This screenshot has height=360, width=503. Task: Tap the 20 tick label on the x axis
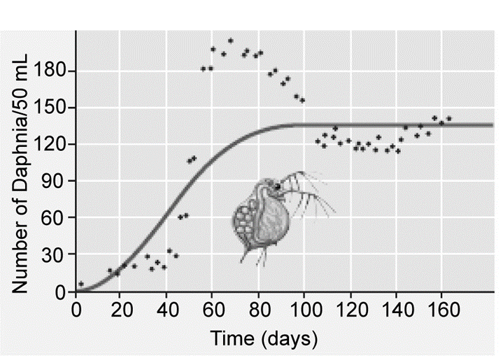coord(122,309)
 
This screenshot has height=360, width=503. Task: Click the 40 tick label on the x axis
coord(167,309)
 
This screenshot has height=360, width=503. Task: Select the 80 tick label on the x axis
coord(259,309)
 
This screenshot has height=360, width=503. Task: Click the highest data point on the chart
coord(230,41)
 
